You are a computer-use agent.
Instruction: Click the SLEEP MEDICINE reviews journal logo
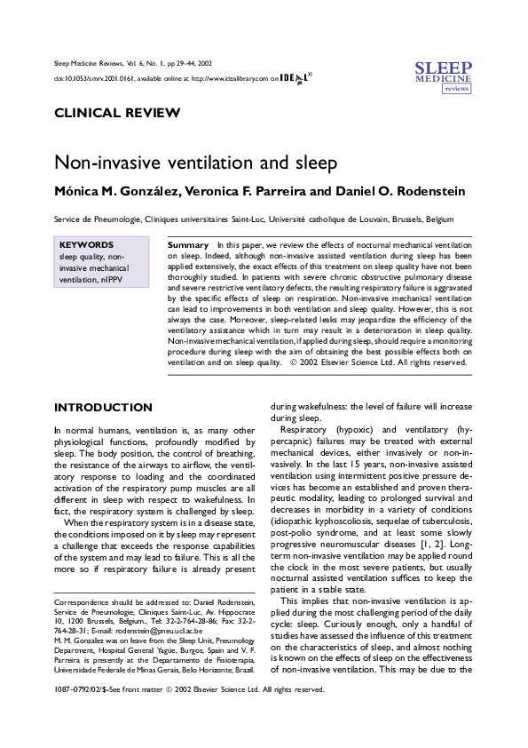[x=444, y=77]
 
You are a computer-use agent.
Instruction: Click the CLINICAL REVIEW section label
[x=117, y=113]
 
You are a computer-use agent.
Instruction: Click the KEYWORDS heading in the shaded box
[x=86, y=244]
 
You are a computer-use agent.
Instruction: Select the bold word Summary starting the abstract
[x=187, y=243]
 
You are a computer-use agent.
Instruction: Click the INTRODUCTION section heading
[x=103, y=408]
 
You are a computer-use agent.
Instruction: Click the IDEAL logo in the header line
[x=296, y=78]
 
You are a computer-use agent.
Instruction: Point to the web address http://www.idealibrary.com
[x=229, y=78]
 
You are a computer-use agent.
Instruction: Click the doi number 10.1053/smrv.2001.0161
[x=98, y=78]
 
